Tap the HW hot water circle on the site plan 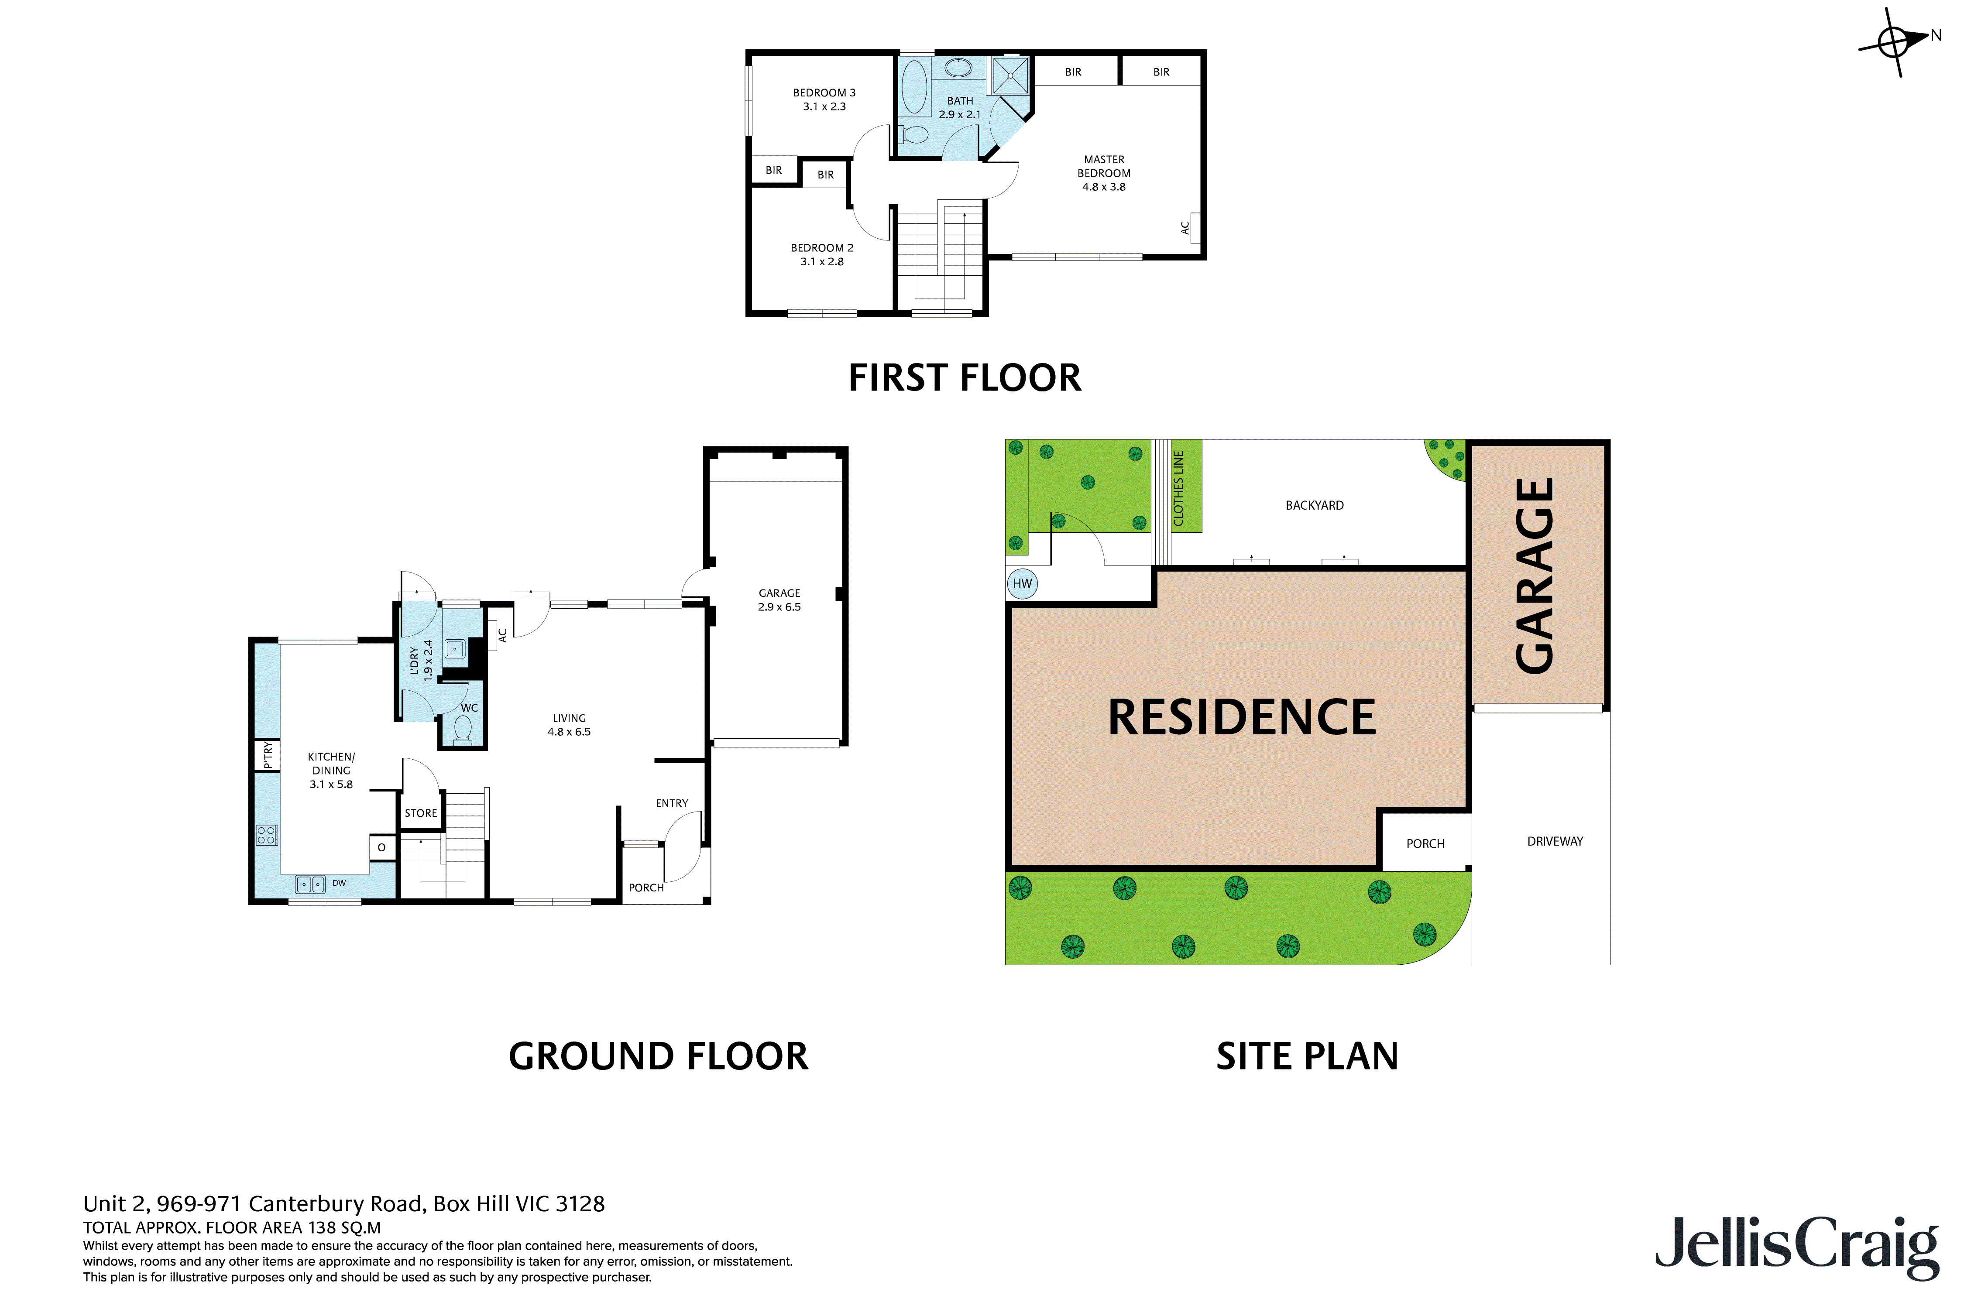pyautogui.click(x=1022, y=583)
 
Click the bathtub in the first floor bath pyautogui.click(x=914, y=87)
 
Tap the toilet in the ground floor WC pyautogui.click(x=462, y=729)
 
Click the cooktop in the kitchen pyautogui.click(x=266, y=835)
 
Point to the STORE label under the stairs pyautogui.click(x=421, y=813)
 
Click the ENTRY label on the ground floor pyautogui.click(x=671, y=803)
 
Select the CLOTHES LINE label pyautogui.click(x=1178, y=488)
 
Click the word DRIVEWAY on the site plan pyautogui.click(x=1554, y=842)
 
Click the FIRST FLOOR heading pyautogui.click(x=965, y=378)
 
